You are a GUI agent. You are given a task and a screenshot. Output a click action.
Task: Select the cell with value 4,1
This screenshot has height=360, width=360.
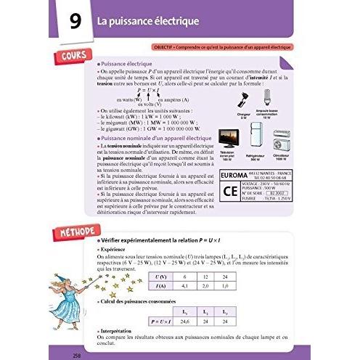(x=183, y=286)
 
